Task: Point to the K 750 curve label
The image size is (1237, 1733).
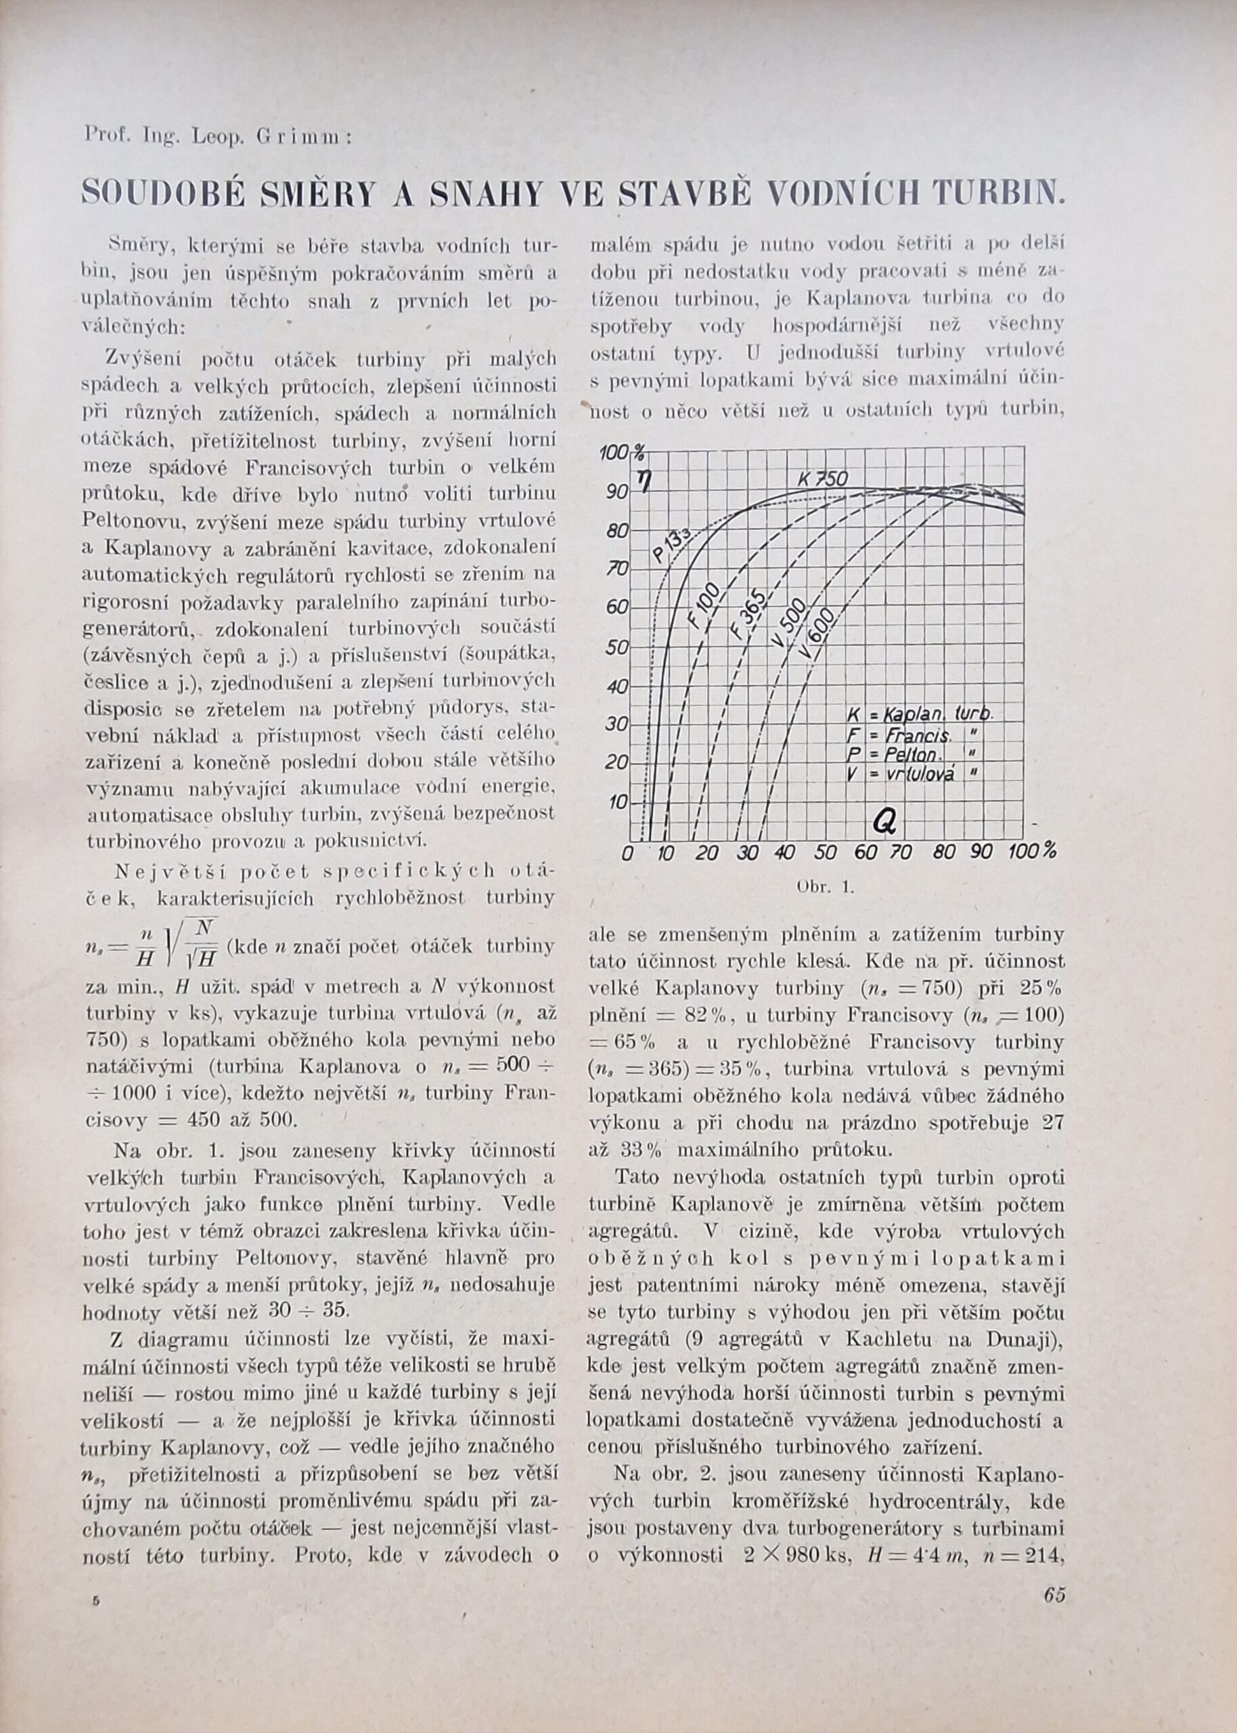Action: [x=824, y=480]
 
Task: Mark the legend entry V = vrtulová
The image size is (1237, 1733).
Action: [x=912, y=773]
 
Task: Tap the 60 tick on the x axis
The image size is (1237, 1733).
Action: [x=866, y=853]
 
